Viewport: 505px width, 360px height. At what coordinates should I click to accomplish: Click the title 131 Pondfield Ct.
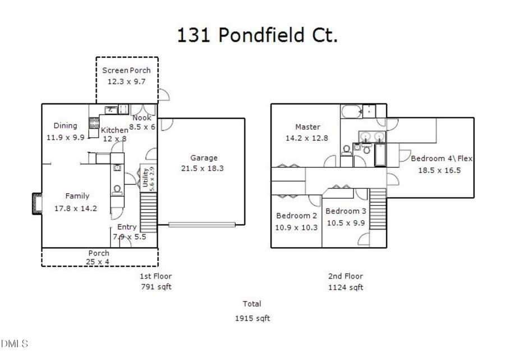coord(258,35)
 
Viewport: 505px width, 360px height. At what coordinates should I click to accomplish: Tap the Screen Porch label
coord(126,70)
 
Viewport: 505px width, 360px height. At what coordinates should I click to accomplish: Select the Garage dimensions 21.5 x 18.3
coord(202,168)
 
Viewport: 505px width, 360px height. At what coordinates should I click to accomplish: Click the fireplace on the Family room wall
coord(36,203)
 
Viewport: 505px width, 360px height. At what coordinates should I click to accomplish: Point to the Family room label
coord(77,196)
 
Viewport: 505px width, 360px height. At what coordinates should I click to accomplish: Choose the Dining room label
coord(65,126)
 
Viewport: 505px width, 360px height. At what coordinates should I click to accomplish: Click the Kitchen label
coord(114,130)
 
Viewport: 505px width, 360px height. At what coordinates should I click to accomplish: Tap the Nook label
coord(141,118)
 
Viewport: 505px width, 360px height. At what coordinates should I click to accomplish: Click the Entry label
coord(127,227)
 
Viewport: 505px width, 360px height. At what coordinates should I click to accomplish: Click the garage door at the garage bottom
coord(201,225)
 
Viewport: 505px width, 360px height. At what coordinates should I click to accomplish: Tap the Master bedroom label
coord(307,127)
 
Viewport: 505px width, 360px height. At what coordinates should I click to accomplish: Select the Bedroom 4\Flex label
coord(442,158)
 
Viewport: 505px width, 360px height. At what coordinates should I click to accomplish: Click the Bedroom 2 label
coord(296,216)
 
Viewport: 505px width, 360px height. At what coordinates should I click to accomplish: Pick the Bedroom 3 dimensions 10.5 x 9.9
coord(345,222)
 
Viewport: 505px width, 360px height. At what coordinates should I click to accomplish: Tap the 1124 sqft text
coord(346,288)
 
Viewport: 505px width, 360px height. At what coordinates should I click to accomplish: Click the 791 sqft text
coord(155,287)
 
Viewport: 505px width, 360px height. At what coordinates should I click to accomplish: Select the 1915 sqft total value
coord(252,318)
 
